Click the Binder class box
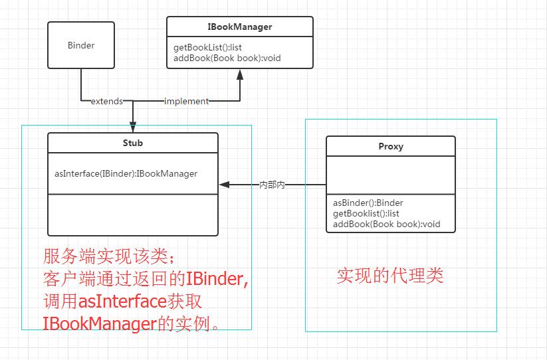click(x=81, y=46)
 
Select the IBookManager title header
click(x=239, y=27)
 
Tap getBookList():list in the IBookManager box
click(x=207, y=48)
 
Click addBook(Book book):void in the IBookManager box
click(x=227, y=58)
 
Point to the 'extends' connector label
click(x=106, y=102)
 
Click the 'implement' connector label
click(x=186, y=102)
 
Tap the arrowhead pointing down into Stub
click(x=133, y=126)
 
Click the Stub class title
click(x=133, y=143)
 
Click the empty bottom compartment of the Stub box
click(x=133, y=215)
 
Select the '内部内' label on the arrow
click(x=272, y=185)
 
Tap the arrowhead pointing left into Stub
click(x=224, y=185)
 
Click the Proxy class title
click(x=390, y=146)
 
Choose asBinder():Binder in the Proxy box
click(x=368, y=203)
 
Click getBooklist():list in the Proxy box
click(x=366, y=213)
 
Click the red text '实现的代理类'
click(x=389, y=276)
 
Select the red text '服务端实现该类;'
click(x=110, y=256)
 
